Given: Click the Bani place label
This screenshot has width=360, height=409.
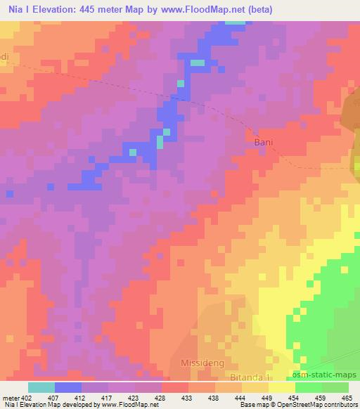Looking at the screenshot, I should [x=262, y=141].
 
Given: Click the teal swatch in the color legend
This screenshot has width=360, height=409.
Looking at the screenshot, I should [x=41, y=387].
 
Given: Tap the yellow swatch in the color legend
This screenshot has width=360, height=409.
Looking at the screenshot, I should [x=282, y=387].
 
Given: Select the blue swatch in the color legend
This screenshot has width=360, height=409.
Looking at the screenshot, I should [x=68, y=387].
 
